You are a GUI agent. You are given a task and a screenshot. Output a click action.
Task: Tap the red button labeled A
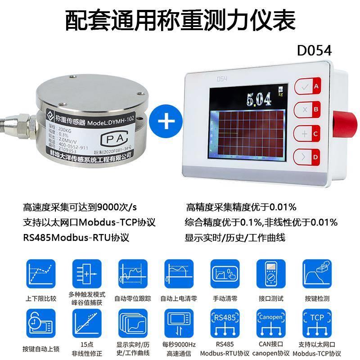pos(307,87)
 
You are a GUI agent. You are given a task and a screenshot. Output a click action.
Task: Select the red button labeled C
pos(307,134)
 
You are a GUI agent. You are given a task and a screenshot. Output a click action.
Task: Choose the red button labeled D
pos(307,157)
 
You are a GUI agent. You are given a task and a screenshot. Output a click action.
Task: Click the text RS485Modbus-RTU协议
pos(78,237)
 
